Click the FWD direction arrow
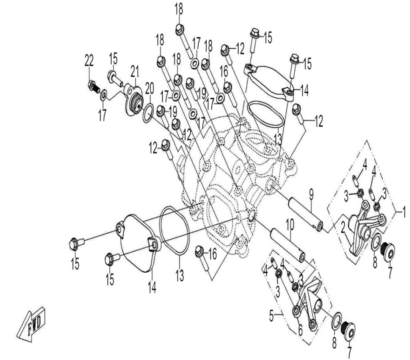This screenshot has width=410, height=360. click(x=32, y=324)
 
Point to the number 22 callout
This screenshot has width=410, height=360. click(x=89, y=61)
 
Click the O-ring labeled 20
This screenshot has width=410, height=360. click(x=148, y=113)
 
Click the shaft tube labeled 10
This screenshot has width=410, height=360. click(x=287, y=244)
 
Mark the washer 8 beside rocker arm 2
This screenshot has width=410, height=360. click(x=376, y=243)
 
